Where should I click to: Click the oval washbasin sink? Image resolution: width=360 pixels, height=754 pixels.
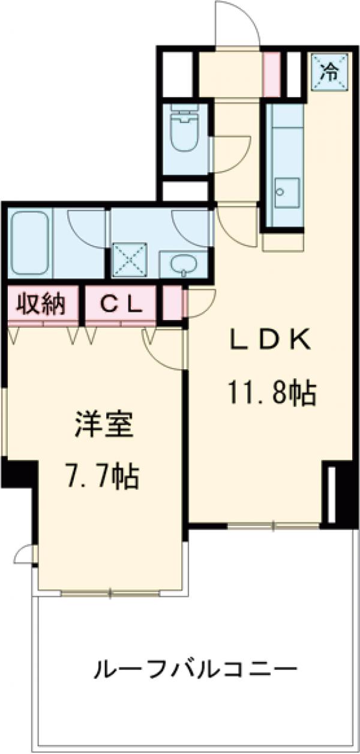coord(181,264)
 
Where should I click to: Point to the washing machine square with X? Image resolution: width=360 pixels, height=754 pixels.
coord(131,259)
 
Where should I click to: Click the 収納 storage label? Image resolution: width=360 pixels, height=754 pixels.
coord(40,305)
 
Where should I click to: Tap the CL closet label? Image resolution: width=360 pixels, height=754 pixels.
coord(121,305)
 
